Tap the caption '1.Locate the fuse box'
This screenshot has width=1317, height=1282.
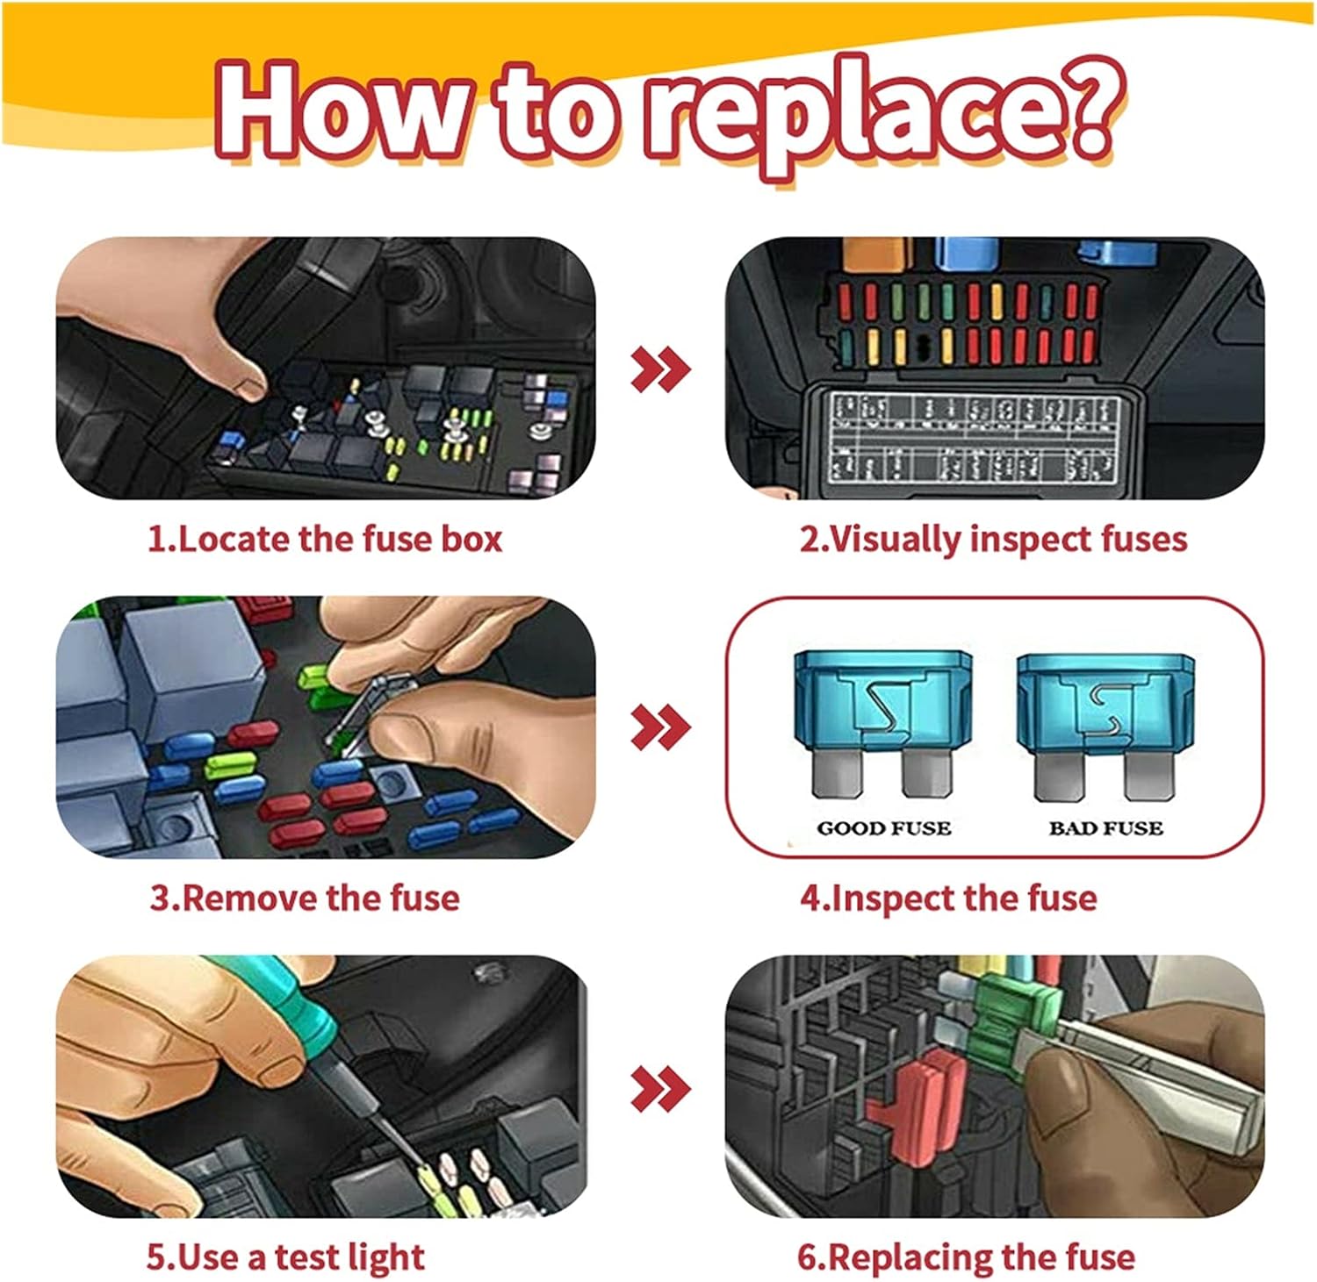coord(324,538)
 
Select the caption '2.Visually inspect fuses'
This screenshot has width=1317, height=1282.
coord(992,538)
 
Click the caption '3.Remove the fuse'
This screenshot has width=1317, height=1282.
coord(305,898)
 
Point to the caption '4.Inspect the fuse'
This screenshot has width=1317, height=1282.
coord(948,898)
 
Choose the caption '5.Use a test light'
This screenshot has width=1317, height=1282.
coord(285,1257)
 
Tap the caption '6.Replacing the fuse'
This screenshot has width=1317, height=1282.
coord(966,1257)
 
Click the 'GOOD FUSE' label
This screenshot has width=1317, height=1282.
coord(883,827)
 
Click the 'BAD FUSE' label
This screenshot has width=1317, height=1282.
coord(1105,827)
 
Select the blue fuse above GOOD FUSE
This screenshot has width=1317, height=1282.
coord(883,724)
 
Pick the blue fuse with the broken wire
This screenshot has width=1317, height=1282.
coord(1106,724)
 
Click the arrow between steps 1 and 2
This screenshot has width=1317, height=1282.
coord(660,369)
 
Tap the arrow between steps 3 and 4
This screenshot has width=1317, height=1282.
coord(660,727)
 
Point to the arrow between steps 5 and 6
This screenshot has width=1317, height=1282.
coord(660,1089)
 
